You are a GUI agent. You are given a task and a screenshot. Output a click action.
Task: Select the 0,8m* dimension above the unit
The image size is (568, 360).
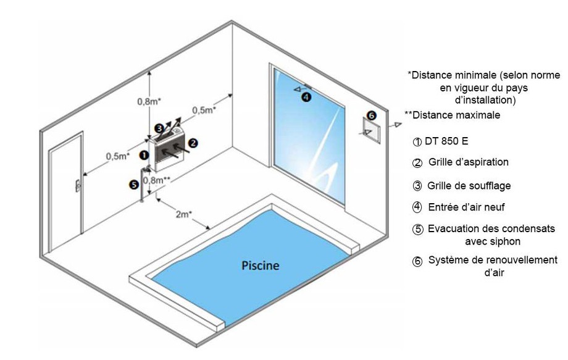pyautogui.click(x=149, y=101)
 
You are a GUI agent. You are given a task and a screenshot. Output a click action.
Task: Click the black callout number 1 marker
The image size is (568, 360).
pyautogui.click(x=143, y=155)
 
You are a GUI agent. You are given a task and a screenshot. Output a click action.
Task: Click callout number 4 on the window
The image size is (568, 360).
pyautogui.click(x=306, y=96)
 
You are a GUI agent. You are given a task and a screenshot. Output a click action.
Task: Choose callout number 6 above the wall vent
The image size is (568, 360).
pyautogui.click(x=370, y=115)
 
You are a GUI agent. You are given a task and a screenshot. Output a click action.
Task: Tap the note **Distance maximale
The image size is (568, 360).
pyautogui.click(x=452, y=115)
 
